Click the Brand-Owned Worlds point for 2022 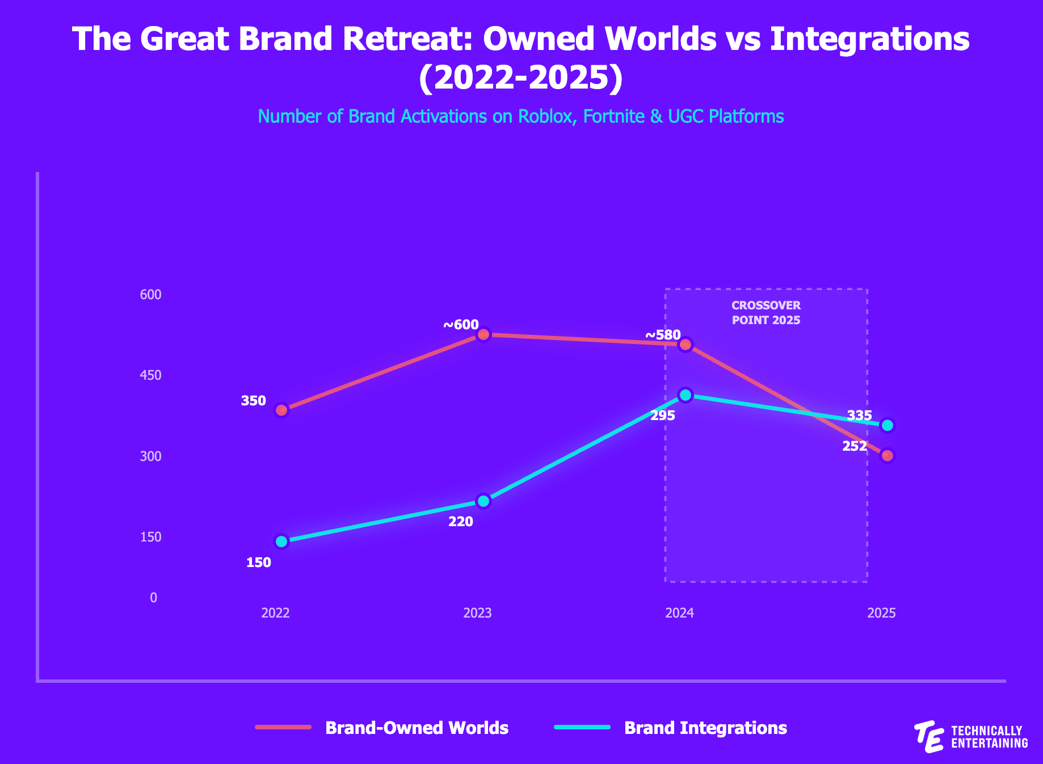281,410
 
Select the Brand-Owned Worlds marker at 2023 483,334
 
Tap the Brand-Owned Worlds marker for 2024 685,345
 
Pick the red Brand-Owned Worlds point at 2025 888,455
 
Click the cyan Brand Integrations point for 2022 281,541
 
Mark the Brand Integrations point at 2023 483,501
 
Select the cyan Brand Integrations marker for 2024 685,395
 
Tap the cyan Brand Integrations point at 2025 888,425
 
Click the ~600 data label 461,325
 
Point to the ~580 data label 663,335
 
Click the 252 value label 855,446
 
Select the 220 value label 461,522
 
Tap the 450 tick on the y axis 151,375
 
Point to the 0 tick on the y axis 154,598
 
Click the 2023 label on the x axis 478,613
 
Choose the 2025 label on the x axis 882,613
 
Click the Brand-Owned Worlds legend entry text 417,728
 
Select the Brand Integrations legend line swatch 582,727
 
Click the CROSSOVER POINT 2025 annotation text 766,313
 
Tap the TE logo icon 930,737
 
